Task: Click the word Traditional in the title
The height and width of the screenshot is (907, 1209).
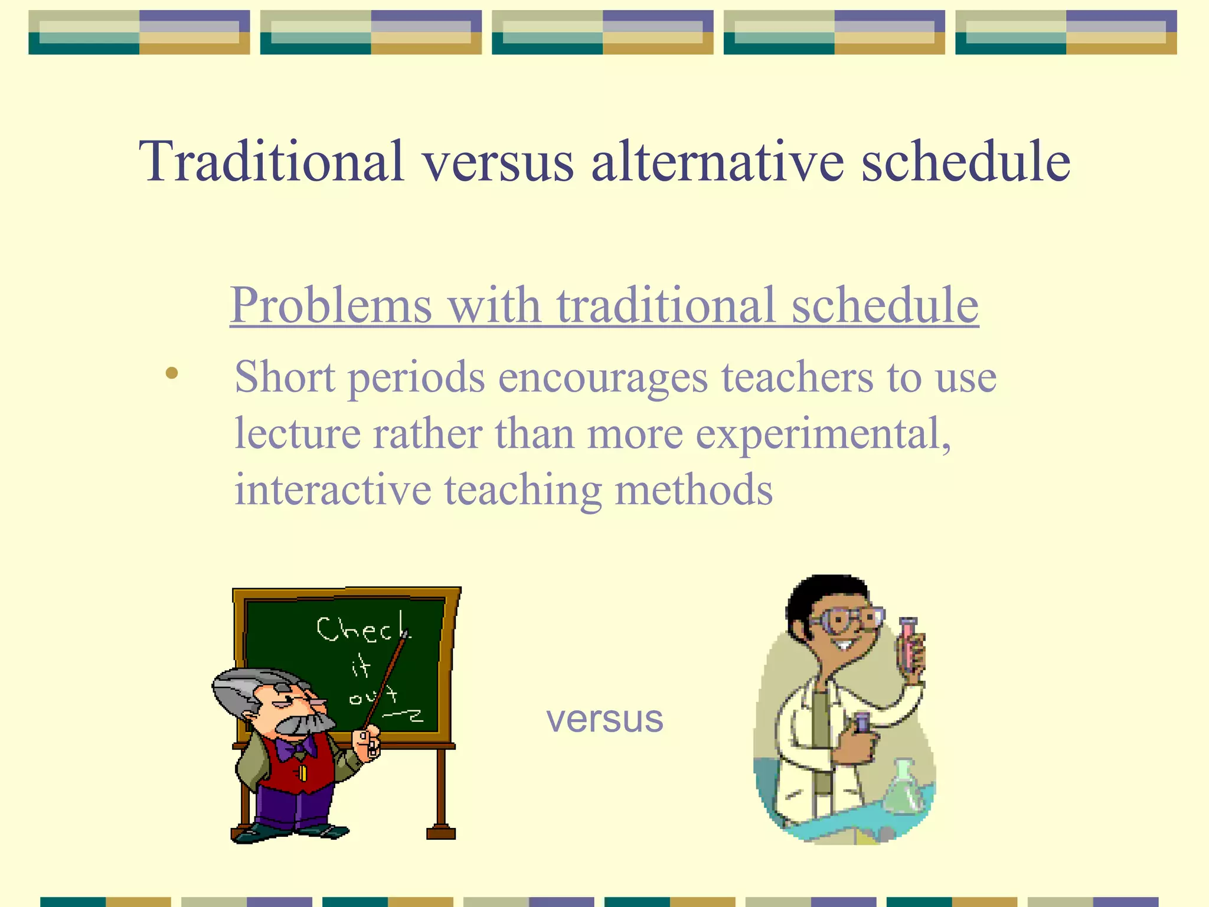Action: pos(272,161)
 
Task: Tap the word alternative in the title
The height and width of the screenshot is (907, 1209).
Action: pos(718,161)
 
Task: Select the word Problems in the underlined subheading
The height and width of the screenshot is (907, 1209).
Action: pos(331,305)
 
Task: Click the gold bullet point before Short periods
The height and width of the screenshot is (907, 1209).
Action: pos(172,373)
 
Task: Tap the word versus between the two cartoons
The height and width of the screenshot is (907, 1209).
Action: pos(604,719)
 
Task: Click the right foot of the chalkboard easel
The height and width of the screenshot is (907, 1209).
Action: pos(441,833)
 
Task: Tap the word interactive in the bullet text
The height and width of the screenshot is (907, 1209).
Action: pos(332,490)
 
